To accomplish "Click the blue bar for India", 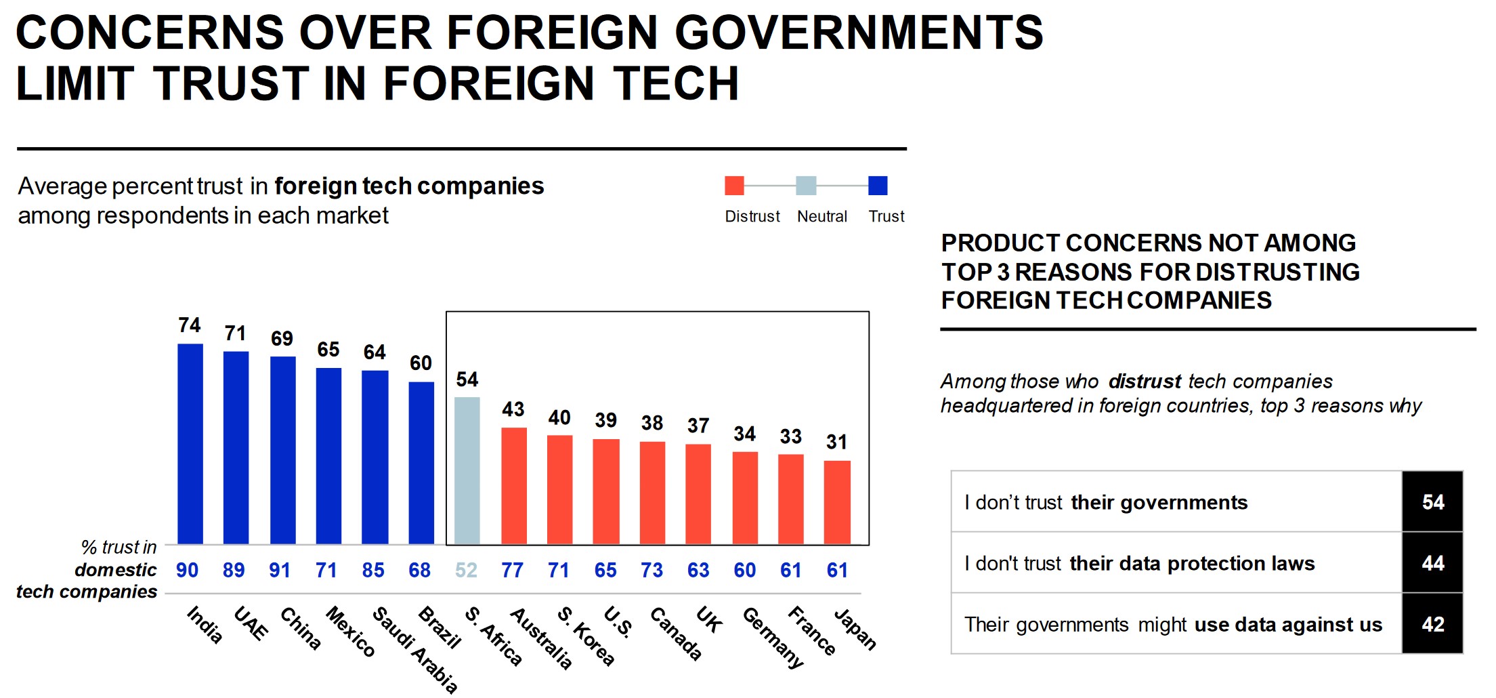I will pos(190,444).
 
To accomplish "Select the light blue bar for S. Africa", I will pos(467,470).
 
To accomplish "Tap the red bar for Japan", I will pos(837,502).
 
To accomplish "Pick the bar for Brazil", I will pos(421,463).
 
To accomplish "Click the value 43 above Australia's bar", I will pos(513,409).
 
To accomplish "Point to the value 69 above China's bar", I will pos(282,339).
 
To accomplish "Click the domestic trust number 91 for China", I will pos(280,571).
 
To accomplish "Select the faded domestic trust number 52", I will pos(466,571).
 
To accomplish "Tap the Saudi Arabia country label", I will pos(414,649).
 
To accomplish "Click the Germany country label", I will pos(773,637).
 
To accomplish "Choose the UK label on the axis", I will pos(709,620).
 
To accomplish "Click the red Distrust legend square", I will pos(734,186).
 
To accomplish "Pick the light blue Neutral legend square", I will pos(806,186).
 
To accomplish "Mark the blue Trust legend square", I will pos(878,186).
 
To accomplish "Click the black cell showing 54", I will pos(1432,502).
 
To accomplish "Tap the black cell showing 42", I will pos(1432,624).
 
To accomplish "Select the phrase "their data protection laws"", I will pos(1192,564).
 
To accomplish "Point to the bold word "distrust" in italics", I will pos(1145,382).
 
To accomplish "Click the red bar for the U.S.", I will pos(606,491).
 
